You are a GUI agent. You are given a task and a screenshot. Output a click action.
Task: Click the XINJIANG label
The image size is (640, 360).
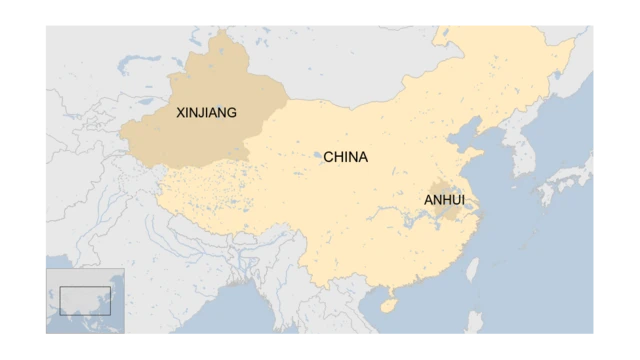pyautogui.click(x=206, y=113)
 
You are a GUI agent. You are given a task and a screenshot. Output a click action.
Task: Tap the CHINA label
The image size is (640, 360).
pyautogui.click(x=345, y=157)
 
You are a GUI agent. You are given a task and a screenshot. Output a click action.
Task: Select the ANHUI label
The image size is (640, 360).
pyautogui.click(x=444, y=200)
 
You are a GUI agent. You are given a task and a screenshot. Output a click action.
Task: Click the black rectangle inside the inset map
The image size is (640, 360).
pyautogui.click(x=84, y=300)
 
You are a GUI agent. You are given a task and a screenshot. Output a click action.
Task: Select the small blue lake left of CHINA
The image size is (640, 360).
pyautogui.click(x=318, y=155)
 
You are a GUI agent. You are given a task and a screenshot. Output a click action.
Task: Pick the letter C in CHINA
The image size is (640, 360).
pyautogui.click(x=328, y=157)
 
